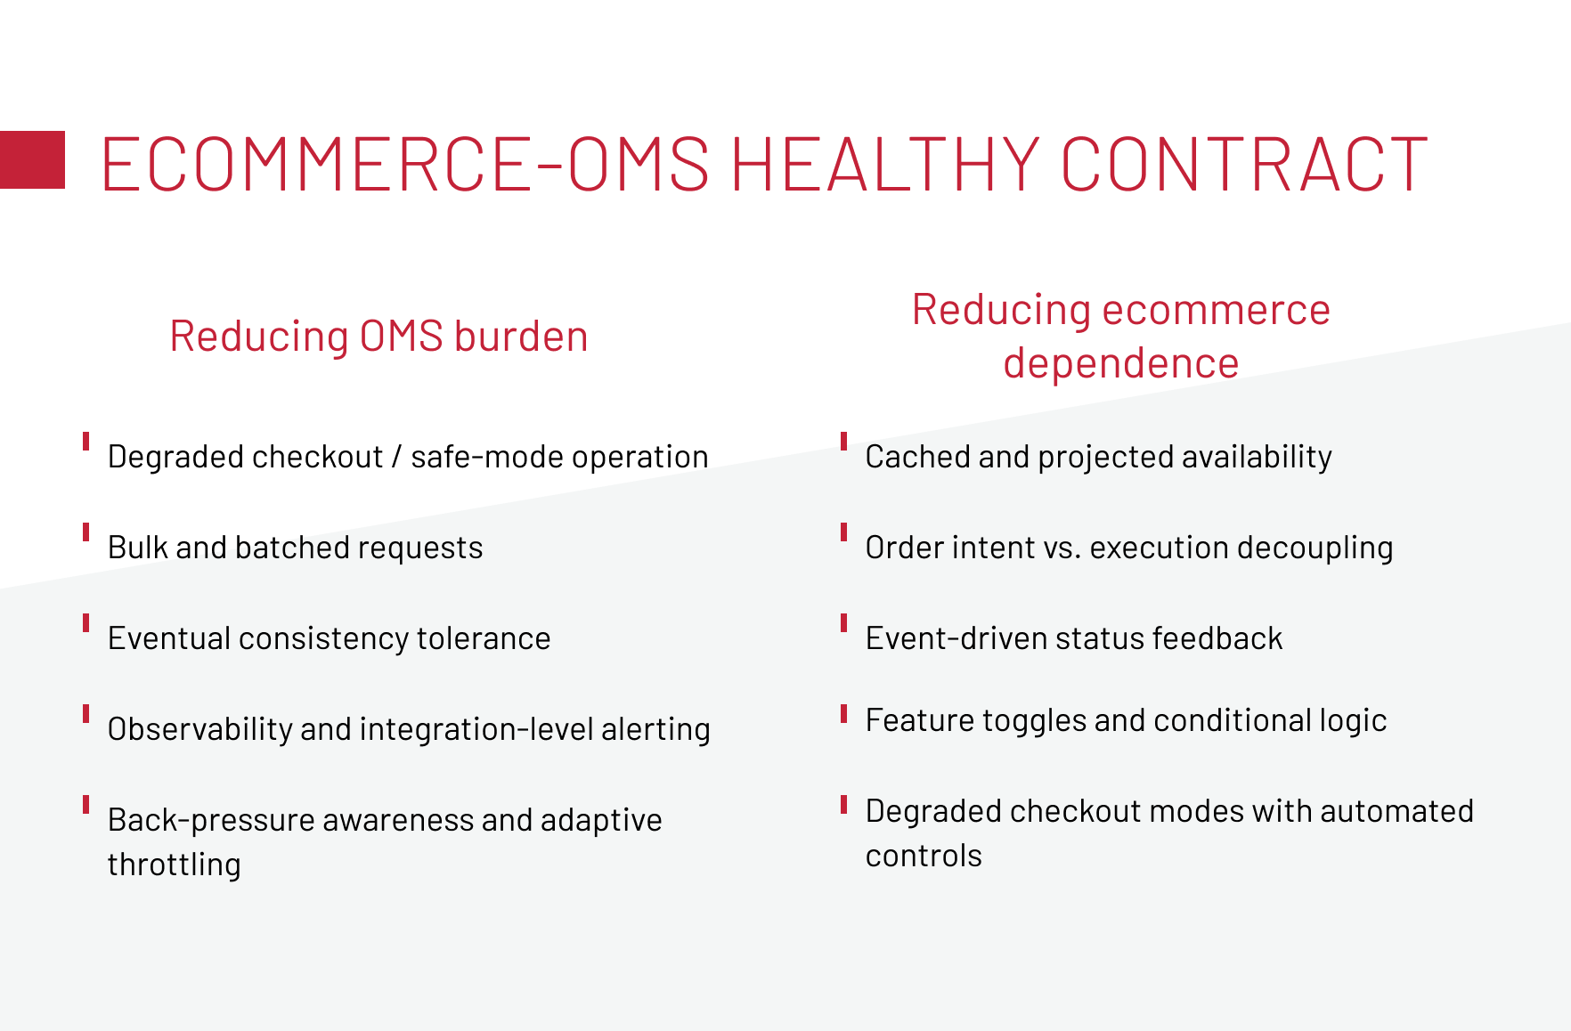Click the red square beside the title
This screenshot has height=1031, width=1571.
(32, 159)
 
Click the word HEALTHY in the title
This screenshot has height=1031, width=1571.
(885, 164)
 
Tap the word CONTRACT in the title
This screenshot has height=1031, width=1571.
(1244, 164)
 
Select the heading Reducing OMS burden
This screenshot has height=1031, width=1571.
(379, 337)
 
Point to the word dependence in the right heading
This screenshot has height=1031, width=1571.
(1121, 363)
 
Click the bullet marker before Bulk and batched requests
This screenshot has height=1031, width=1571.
(86, 532)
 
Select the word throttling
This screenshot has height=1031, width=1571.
(174, 865)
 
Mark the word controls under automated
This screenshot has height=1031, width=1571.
(924, 856)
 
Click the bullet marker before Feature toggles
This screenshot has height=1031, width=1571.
(843, 714)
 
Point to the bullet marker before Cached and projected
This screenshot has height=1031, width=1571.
(843, 442)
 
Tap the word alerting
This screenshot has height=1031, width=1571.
(655, 729)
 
